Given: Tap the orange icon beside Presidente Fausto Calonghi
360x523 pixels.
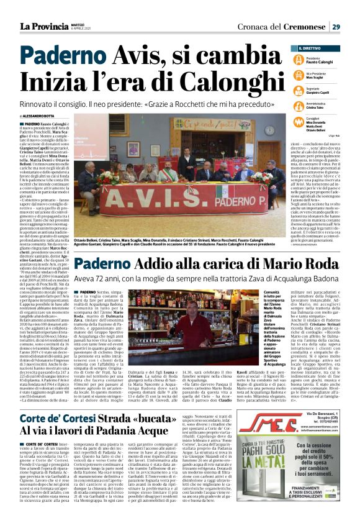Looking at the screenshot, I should pyautogui.click(x=301, y=60).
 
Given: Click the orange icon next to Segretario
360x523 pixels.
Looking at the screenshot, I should pyautogui.click(x=301, y=89).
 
